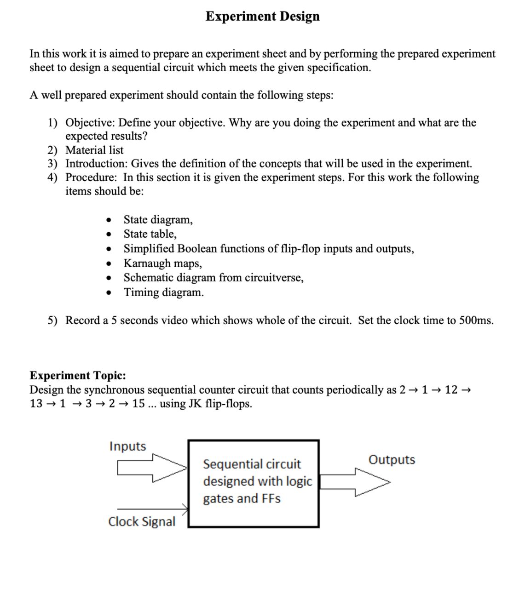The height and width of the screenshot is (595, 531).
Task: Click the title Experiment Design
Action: [262, 16]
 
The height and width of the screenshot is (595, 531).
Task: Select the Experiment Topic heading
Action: [78, 375]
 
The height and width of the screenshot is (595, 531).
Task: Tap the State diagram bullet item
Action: [158, 219]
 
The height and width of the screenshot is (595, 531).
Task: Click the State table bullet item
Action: [150, 234]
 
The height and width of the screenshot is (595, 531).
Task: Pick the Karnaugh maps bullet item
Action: [162, 263]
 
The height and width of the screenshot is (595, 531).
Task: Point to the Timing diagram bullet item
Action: [163, 292]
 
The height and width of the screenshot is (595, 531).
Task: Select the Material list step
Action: [94, 150]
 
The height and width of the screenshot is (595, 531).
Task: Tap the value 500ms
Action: [476, 320]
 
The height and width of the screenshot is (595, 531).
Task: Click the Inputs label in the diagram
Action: [127, 446]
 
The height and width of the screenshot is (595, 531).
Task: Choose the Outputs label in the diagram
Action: [392, 459]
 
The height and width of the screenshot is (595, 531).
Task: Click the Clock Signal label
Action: [142, 521]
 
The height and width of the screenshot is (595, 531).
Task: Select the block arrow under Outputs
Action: [354, 482]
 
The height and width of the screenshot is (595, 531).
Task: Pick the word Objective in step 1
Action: [91, 122]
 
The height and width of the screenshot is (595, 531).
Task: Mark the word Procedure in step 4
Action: [90, 177]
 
